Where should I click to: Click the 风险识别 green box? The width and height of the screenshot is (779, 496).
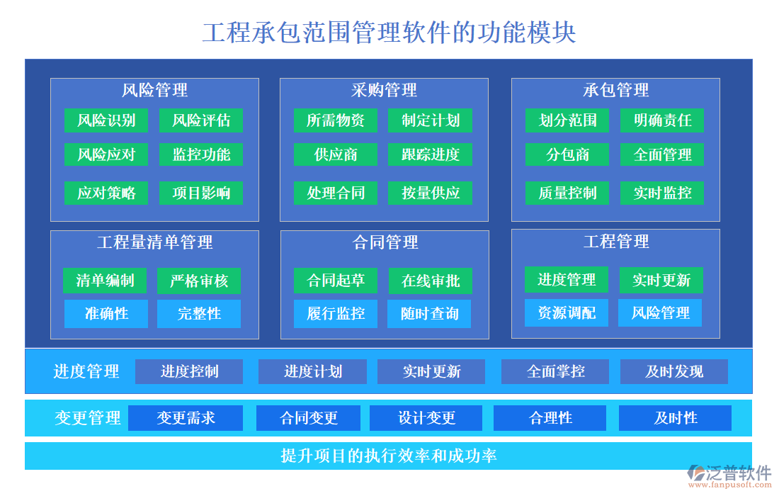coord(106,120)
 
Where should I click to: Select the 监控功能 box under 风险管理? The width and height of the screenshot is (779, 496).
coord(201,154)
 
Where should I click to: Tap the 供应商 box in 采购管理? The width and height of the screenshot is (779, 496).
coord(336,154)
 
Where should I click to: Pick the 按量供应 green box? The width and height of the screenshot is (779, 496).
coord(431,193)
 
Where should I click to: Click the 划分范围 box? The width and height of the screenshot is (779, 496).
coord(567,120)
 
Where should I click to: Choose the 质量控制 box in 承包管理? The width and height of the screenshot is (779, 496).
coord(567,193)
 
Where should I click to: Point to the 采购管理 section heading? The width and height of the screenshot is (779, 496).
coord(384,91)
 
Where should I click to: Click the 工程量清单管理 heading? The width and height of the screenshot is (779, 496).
coord(154,242)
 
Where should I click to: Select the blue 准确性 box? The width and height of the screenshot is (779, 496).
coord(106,314)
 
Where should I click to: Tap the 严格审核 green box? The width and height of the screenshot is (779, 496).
coord(199,281)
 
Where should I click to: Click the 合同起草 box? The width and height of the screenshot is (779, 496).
coord(336,281)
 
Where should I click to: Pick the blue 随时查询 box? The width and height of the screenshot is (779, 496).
coord(429,314)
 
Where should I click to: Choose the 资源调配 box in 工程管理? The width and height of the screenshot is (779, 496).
coord(567,313)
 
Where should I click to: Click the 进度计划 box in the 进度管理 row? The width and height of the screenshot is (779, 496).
coord(312,371)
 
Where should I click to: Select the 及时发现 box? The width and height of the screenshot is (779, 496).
coord(673,371)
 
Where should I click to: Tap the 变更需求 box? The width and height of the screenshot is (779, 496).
coord(186,418)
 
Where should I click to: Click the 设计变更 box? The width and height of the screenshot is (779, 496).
coord(426,418)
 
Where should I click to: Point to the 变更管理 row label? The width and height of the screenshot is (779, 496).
coord(88,418)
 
